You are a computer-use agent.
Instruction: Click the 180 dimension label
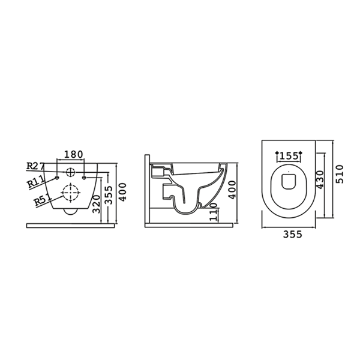click(x=73, y=154)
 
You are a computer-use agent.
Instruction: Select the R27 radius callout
click(x=35, y=166)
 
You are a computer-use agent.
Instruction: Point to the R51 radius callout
click(x=43, y=199)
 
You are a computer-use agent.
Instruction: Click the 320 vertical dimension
click(x=97, y=205)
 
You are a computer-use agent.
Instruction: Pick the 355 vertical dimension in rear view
click(x=109, y=195)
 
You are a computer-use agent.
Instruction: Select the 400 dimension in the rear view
click(x=122, y=192)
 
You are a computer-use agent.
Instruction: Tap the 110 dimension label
click(x=214, y=212)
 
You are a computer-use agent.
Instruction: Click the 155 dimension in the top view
click(x=289, y=156)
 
